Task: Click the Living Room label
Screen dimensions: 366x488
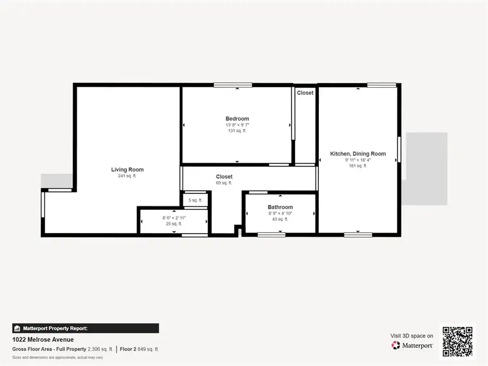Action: point(127,170)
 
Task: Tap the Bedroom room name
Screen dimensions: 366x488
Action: point(237,119)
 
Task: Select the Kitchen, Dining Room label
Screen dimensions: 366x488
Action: point(358,154)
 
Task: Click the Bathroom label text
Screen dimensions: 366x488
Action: point(280,207)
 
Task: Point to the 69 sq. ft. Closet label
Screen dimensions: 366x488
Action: point(224,177)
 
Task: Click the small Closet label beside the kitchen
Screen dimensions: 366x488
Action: point(305,93)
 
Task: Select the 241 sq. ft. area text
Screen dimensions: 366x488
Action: point(127,176)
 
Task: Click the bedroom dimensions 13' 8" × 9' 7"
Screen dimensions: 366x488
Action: point(237,125)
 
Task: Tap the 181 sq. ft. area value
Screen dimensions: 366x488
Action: point(358,166)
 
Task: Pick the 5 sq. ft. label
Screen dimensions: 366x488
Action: point(195,200)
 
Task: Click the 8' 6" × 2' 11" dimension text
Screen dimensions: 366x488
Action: point(174,217)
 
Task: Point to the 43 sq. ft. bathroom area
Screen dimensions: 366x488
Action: point(280,219)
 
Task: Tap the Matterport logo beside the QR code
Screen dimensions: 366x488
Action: point(412,345)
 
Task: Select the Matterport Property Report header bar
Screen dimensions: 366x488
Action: point(86,328)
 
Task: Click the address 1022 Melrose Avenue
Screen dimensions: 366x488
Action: point(43,340)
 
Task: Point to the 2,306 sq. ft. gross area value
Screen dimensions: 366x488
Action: point(100,349)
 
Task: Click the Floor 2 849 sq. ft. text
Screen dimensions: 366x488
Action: point(139,349)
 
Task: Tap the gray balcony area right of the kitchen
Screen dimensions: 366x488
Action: point(427,169)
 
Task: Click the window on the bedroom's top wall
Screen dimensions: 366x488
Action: point(233,85)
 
